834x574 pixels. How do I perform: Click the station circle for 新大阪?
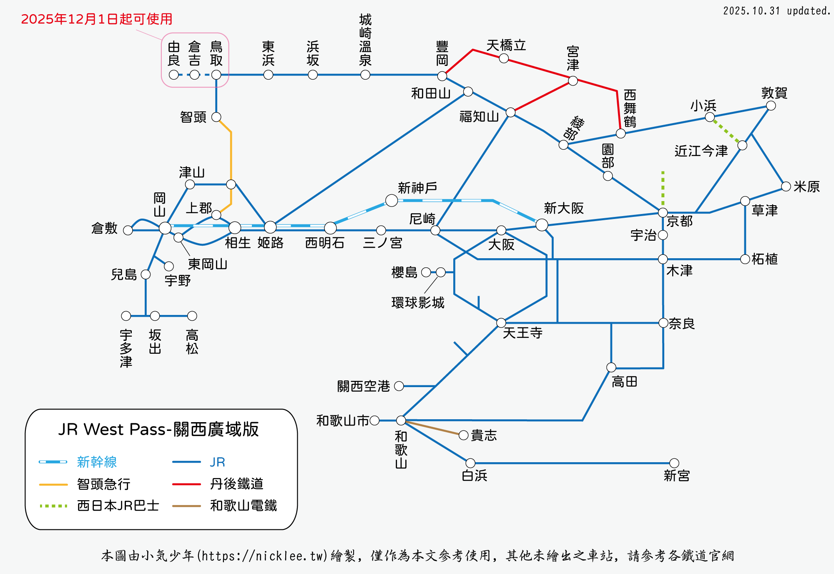(x=541, y=225)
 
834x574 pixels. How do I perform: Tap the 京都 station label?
(x=679, y=221)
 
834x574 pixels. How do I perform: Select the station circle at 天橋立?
(x=504, y=58)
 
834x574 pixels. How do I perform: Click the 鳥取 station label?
(x=216, y=53)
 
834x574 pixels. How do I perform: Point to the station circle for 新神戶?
(x=391, y=200)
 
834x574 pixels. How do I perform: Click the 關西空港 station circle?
(x=399, y=386)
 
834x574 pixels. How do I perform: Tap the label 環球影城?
(x=418, y=302)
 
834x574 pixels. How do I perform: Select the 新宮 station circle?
(x=674, y=463)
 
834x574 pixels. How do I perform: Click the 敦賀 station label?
(x=774, y=93)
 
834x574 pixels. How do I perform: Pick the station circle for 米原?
(x=786, y=186)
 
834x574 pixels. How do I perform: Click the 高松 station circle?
(x=192, y=316)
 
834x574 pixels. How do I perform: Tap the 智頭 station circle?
(x=216, y=117)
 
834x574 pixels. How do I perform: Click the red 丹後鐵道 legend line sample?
(x=186, y=484)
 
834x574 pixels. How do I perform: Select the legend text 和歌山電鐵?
(x=244, y=506)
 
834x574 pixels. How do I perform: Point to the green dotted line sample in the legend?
(x=53, y=506)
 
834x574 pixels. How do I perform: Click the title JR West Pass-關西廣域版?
(x=158, y=429)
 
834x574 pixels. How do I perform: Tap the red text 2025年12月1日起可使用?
(x=96, y=19)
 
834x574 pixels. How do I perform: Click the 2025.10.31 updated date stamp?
(x=776, y=11)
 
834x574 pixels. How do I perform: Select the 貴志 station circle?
(x=463, y=435)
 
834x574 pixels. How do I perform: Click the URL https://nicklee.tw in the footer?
(x=262, y=556)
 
